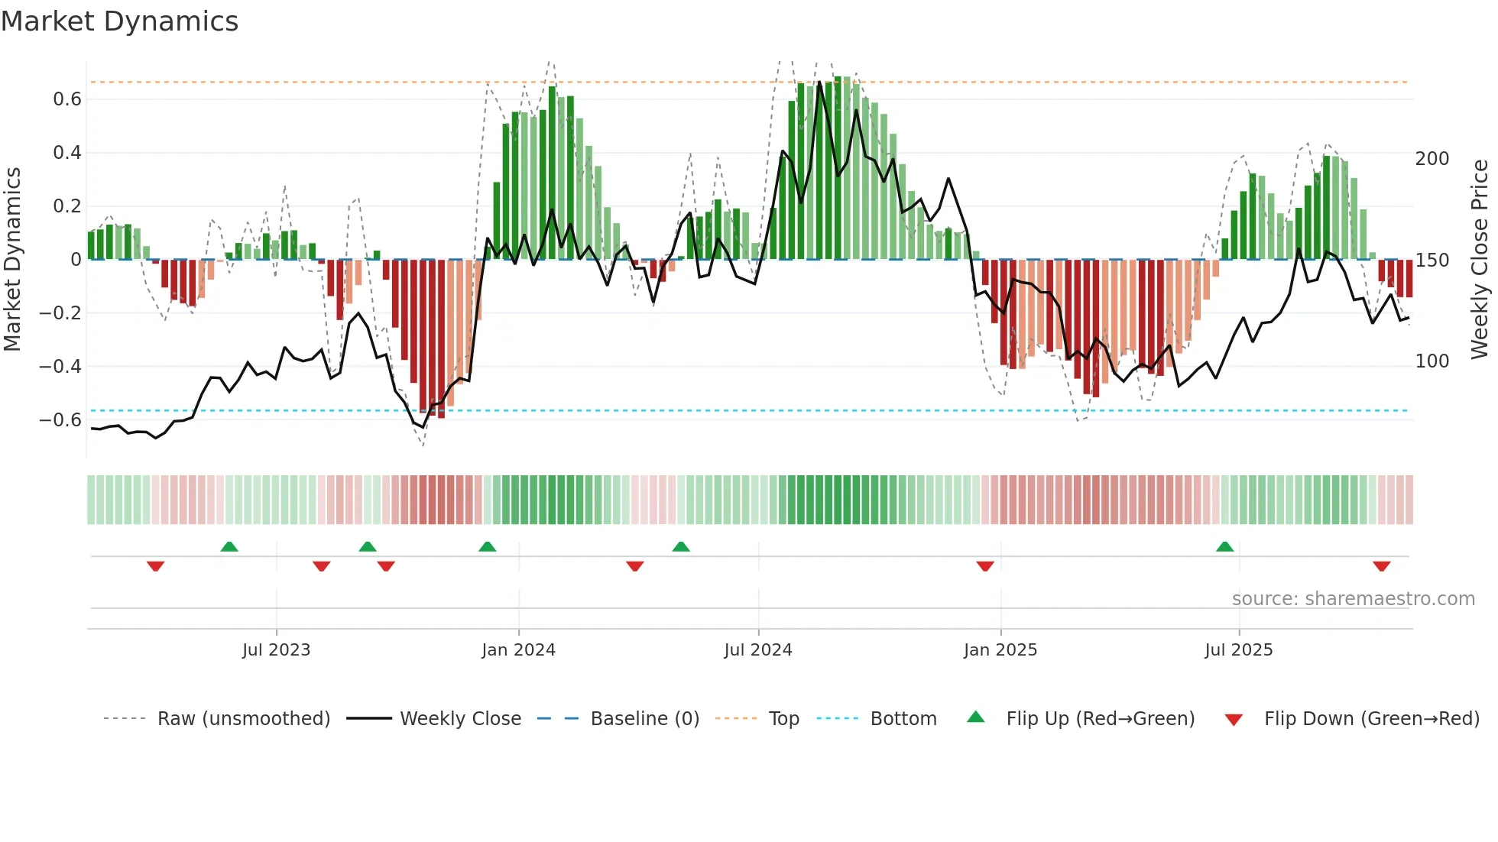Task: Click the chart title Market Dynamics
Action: [x=119, y=21]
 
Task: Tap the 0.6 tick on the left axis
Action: [x=67, y=99]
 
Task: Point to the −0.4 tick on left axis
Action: [x=60, y=366]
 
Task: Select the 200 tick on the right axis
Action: [x=1432, y=159]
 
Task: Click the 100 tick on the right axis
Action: [x=1432, y=361]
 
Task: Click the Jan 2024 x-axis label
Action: [x=518, y=650]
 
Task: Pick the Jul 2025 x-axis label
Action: [x=1239, y=650]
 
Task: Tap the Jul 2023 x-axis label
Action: [x=276, y=650]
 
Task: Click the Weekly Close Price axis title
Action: [x=1480, y=259]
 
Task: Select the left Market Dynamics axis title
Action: [x=12, y=259]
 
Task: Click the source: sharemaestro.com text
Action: [x=1353, y=599]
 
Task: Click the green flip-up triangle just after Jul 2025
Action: [x=1224, y=547]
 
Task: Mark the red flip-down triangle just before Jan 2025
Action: [x=985, y=566]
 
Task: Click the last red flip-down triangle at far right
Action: [x=1381, y=566]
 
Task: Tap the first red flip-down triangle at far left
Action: [x=155, y=566]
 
